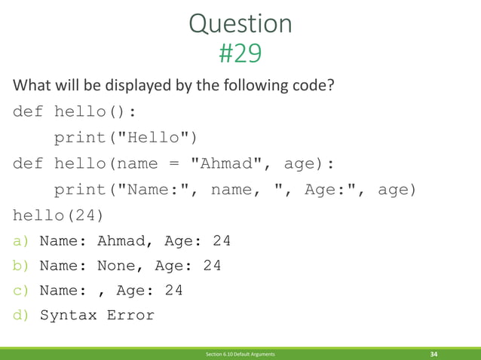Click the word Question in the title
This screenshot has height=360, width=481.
coord(240,25)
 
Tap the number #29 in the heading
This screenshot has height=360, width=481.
coord(240,53)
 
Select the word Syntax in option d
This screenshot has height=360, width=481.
coord(69,315)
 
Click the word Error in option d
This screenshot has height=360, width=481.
coord(130,315)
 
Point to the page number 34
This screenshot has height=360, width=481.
coord(434,354)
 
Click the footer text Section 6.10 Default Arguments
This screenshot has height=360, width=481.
coord(240,354)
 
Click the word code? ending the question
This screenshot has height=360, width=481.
coord(308,84)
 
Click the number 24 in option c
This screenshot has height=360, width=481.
coord(173,291)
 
